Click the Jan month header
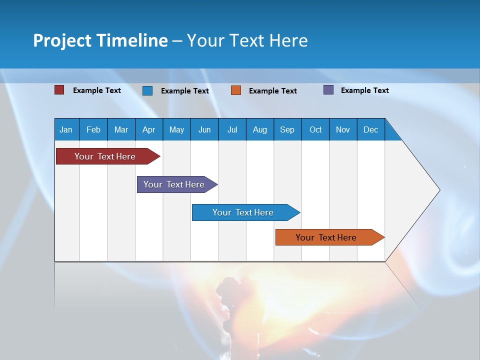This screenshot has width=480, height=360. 66,130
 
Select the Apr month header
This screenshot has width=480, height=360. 148,130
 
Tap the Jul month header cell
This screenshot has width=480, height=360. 232,130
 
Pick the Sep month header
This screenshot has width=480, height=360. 287,130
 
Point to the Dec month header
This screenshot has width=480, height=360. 370,130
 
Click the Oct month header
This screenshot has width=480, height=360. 315,130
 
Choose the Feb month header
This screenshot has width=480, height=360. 93,130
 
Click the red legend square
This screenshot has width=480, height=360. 59,90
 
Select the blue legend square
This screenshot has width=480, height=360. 147,90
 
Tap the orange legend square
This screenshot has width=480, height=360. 236,90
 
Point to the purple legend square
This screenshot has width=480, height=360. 328,90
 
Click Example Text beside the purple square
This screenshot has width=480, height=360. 364,90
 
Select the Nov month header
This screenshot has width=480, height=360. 342,130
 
